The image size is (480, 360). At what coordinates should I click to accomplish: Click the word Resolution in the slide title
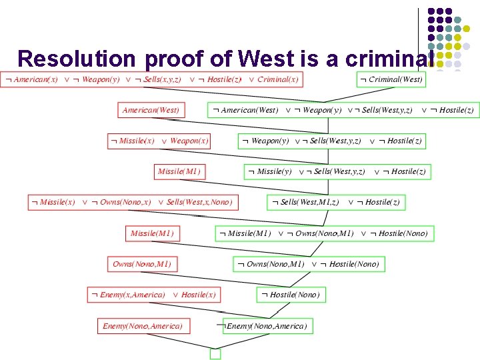(77, 58)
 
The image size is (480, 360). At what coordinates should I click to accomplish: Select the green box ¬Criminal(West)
(391, 79)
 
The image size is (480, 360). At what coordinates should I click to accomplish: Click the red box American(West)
(152, 110)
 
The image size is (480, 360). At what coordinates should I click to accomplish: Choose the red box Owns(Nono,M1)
(142, 264)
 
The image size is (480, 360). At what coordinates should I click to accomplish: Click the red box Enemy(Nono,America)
(143, 326)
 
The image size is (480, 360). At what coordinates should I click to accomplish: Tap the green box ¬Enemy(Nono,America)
(267, 326)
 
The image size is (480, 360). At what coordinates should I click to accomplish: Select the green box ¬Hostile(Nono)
(291, 294)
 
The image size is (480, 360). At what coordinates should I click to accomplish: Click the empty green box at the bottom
(215, 354)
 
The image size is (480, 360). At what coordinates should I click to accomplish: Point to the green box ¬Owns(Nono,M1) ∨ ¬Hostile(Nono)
(307, 264)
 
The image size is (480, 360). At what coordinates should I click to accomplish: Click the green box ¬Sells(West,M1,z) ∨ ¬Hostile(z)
(336, 202)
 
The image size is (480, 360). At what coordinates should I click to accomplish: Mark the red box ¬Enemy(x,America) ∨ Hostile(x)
(154, 295)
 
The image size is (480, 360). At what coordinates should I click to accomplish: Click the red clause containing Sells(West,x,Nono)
(133, 202)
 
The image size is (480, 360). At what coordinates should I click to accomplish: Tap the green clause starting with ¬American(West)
(343, 110)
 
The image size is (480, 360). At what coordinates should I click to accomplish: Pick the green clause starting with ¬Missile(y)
(336, 171)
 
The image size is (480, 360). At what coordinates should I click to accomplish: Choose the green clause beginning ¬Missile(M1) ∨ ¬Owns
(324, 233)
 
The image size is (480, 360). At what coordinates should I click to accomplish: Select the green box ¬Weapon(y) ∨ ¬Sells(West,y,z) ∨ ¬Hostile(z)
(331, 141)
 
